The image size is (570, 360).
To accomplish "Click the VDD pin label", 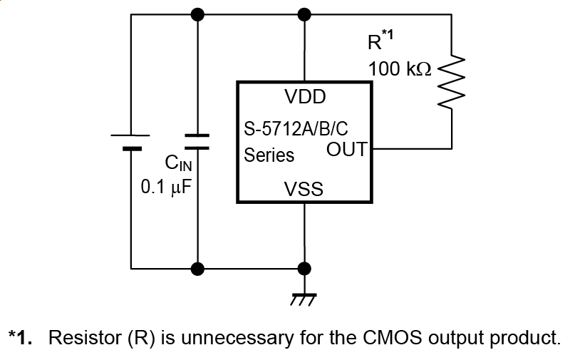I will (305, 96).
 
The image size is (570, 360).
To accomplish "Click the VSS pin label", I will (304, 189).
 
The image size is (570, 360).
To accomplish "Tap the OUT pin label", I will (346, 150).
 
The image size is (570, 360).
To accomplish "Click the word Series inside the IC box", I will (269, 155).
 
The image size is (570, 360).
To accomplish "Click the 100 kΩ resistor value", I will (400, 69).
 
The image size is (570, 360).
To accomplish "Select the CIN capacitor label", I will (179, 164).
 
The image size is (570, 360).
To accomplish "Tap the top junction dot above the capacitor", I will (197, 14).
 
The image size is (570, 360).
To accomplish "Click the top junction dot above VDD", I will (304, 14).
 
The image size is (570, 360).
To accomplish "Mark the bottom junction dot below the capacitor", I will (197, 269).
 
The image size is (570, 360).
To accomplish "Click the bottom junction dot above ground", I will (304, 269).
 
